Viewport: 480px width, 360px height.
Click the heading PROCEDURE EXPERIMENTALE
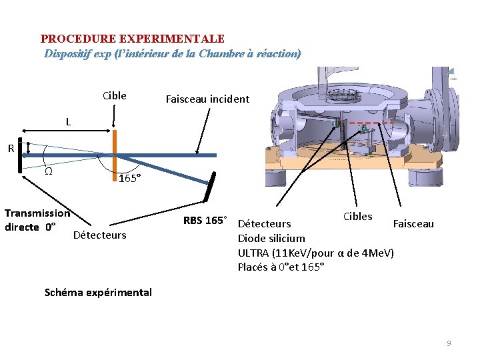click(x=132, y=39)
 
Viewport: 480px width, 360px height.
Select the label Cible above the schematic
click(x=115, y=95)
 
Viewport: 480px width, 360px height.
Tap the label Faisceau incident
click(x=207, y=99)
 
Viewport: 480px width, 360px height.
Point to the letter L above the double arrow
click(x=68, y=122)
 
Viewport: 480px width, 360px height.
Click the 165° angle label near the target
click(x=128, y=178)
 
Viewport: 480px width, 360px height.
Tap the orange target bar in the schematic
click(x=115, y=154)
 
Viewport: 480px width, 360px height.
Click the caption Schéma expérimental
click(x=98, y=292)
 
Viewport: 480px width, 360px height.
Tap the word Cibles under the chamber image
click(x=357, y=216)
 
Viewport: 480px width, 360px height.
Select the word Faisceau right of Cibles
click(x=413, y=224)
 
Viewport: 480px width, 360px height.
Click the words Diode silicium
click(x=271, y=238)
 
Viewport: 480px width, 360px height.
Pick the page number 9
click(x=449, y=343)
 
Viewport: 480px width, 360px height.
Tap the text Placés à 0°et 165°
click(x=281, y=267)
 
